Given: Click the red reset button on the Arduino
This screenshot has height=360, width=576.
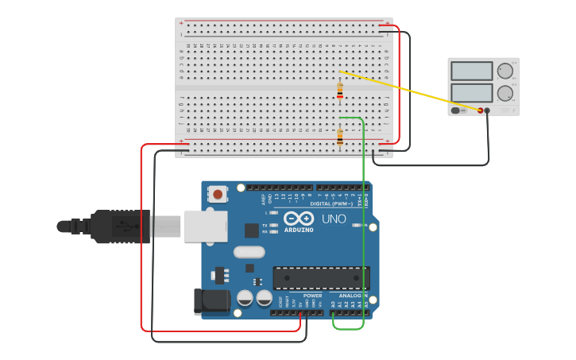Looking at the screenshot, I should tap(218, 193).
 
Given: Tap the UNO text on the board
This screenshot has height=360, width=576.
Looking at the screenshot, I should tap(334, 219).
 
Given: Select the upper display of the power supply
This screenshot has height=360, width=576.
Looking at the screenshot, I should tap(472, 71).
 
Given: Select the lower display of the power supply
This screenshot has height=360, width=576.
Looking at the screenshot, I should tap(472, 92).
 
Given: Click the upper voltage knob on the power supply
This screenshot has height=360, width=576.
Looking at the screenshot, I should tap(505, 71).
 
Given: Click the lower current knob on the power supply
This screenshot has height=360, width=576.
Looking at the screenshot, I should tap(505, 92).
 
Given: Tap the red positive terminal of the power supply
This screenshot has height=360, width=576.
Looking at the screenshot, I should tap(480, 110).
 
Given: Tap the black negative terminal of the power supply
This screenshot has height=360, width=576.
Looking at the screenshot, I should tap(488, 110).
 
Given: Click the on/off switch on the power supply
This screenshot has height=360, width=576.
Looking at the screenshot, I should tap(455, 110).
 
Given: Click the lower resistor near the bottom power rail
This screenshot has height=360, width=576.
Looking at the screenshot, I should tap(340, 137).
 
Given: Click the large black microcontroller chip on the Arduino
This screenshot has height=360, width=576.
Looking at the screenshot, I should tap(321, 278).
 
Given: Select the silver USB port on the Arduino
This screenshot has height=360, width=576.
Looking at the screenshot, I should tap(206, 226).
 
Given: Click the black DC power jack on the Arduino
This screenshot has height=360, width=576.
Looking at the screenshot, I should tap(211, 301).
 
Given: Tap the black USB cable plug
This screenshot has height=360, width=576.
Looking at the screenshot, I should tap(119, 226).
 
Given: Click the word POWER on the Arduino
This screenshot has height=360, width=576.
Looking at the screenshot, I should tap(312, 296).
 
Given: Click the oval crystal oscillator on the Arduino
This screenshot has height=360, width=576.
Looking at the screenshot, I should tap(249, 252).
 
